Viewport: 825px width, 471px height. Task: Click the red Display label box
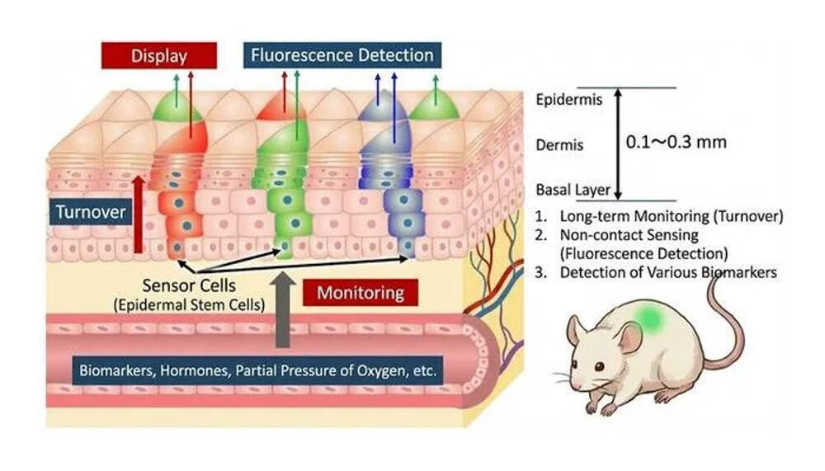pyautogui.click(x=159, y=56)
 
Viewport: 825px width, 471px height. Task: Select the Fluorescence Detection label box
pyautogui.click(x=342, y=56)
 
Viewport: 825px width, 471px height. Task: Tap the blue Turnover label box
pyautogui.click(x=91, y=212)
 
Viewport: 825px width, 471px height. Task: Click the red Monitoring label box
pyautogui.click(x=361, y=292)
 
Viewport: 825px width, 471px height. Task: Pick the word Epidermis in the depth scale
pyautogui.click(x=568, y=101)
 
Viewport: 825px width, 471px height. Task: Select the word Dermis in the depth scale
pyautogui.click(x=559, y=145)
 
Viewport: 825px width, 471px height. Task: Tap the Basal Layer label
pyautogui.click(x=573, y=190)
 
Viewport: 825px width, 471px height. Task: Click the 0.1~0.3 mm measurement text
pyautogui.click(x=677, y=142)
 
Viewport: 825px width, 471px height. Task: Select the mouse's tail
pyautogui.click(x=731, y=322)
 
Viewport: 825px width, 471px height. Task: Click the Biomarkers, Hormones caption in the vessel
pyautogui.click(x=257, y=369)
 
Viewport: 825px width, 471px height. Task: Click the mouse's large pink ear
pyautogui.click(x=629, y=338)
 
